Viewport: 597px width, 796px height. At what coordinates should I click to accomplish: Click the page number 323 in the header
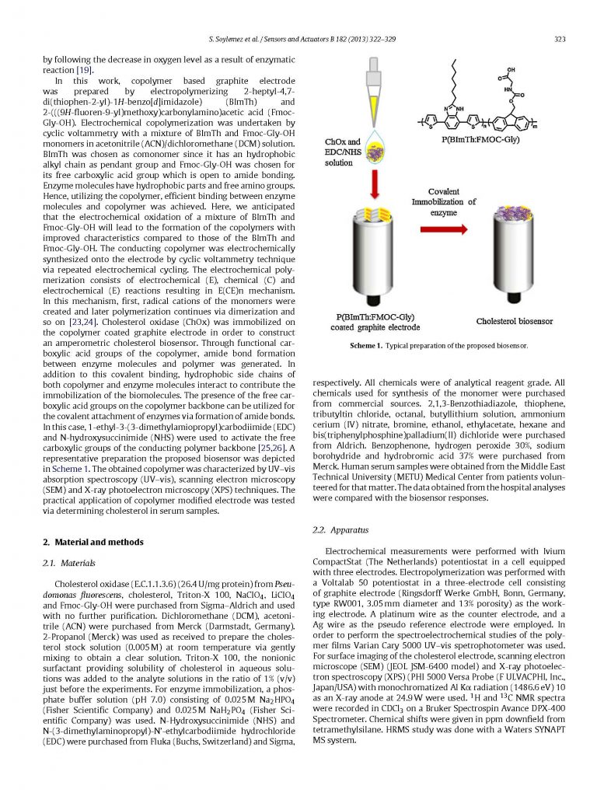pyautogui.click(x=557, y=40)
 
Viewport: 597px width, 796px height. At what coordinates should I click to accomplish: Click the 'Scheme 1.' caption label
pyautogui.click(x=365, y=345)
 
